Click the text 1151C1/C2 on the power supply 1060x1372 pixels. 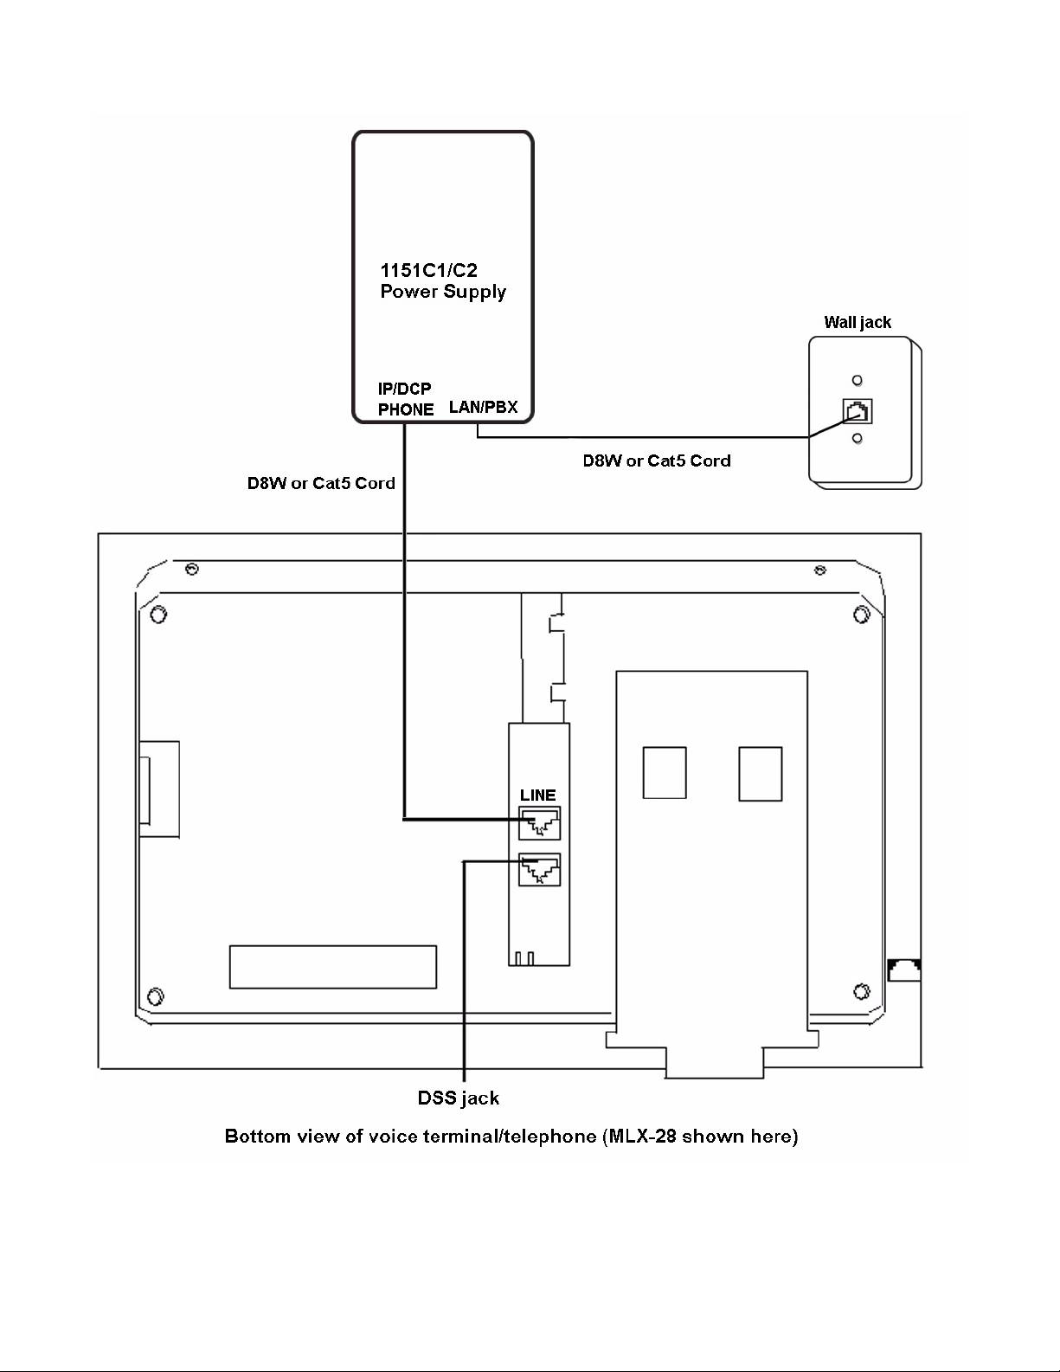(x=428, y=270)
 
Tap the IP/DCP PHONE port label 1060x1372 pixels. (x=406, y=399)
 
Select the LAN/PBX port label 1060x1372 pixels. (x=484, y=407)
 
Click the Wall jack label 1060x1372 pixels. (x=858, y=323)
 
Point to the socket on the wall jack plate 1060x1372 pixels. (x=858, y=411)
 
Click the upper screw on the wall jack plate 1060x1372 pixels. (x=857, y=380)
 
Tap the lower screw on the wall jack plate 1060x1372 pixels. (x=857, y=438)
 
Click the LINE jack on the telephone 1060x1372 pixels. (x=539, y=822)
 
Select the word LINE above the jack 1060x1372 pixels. (x=537, y=795)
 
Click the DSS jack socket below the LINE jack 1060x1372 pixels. (x=539, y=869)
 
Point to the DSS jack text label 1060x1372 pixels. (x=458, y=1098)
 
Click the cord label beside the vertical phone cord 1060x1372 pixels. (x=321, y=483)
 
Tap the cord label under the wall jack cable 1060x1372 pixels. (x=657, y=461)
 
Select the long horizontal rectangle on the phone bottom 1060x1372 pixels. (x=333, y=967)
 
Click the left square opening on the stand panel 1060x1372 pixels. (x=665, y=774)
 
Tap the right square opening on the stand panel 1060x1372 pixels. (x=761, y=774)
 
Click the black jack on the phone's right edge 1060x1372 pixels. (x=904, y=969)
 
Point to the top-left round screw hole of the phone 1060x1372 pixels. (x=158, y=615)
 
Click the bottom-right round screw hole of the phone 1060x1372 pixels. (x=862, y=991)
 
